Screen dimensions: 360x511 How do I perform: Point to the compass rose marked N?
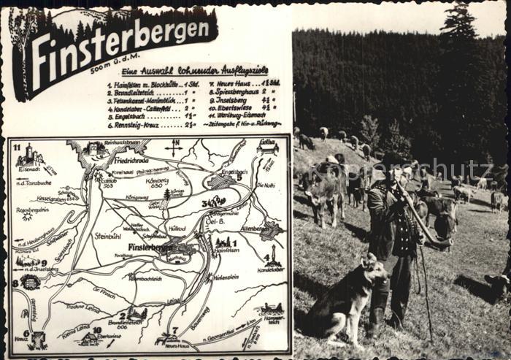click(x=174, y=146)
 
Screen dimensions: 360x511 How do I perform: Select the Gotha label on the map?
click(x=267, y=142)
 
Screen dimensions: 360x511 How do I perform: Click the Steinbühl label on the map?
click(x=107, y=236)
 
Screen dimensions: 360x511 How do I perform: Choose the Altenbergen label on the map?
click(x=252, y=229)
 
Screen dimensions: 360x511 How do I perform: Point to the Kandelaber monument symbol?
click(x=272, y=256)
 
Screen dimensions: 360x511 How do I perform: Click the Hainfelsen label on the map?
click(x=226, y=250)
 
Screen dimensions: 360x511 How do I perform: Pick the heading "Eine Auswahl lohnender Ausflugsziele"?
click(x=194, y=70)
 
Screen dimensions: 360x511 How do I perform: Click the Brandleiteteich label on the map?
click(x=124, y=322)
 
